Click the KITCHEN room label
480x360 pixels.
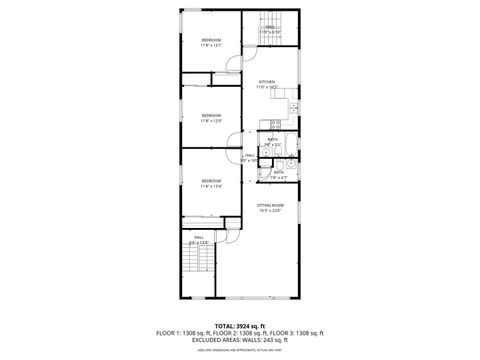point(266,82)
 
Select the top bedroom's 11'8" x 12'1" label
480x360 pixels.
point(210,45)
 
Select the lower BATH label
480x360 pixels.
point(279,171)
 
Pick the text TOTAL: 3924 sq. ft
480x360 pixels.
point(240,326)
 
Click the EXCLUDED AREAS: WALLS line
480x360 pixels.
point(240,340)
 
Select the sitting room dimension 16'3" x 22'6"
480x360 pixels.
point(270,209)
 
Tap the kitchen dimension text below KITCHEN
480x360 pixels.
point(266,88)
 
